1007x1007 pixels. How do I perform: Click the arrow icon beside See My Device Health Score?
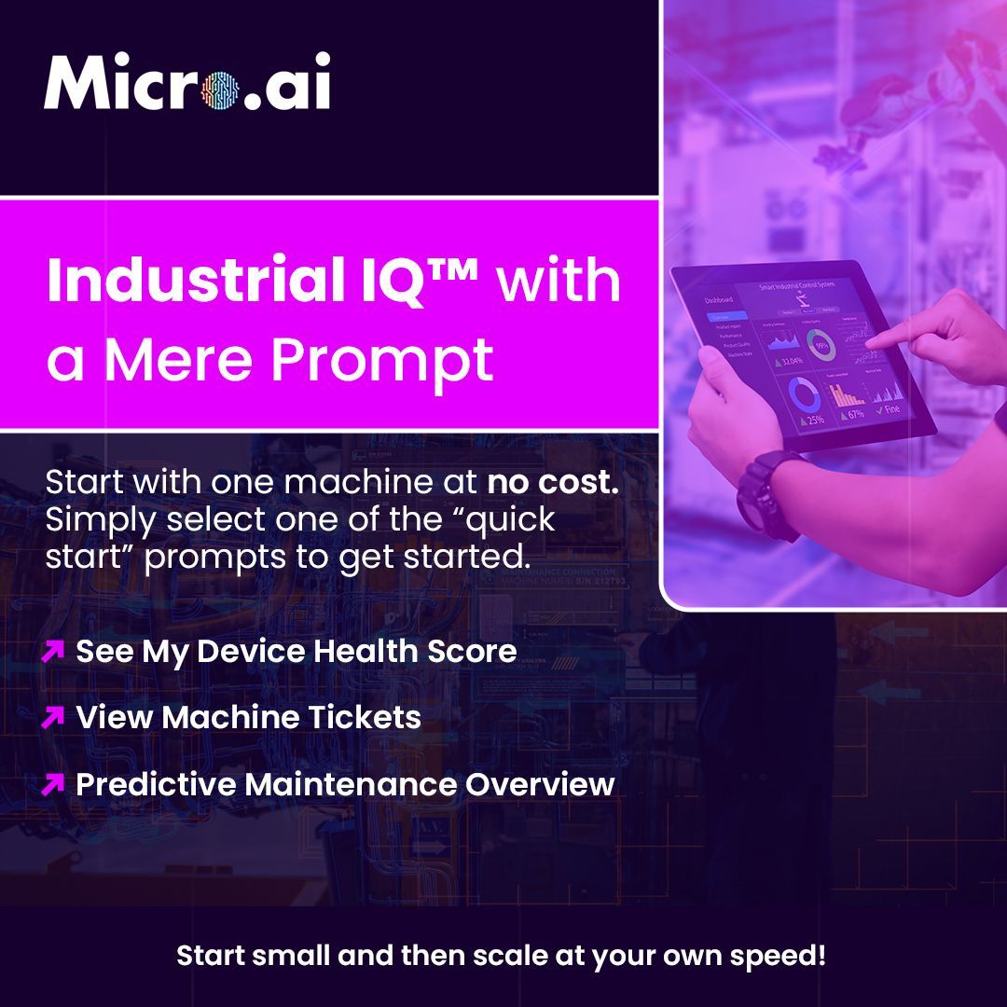(53, 651)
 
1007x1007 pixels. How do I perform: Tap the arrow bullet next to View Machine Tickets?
(53, 718)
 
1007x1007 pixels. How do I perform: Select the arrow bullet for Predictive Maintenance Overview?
(53, 785)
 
